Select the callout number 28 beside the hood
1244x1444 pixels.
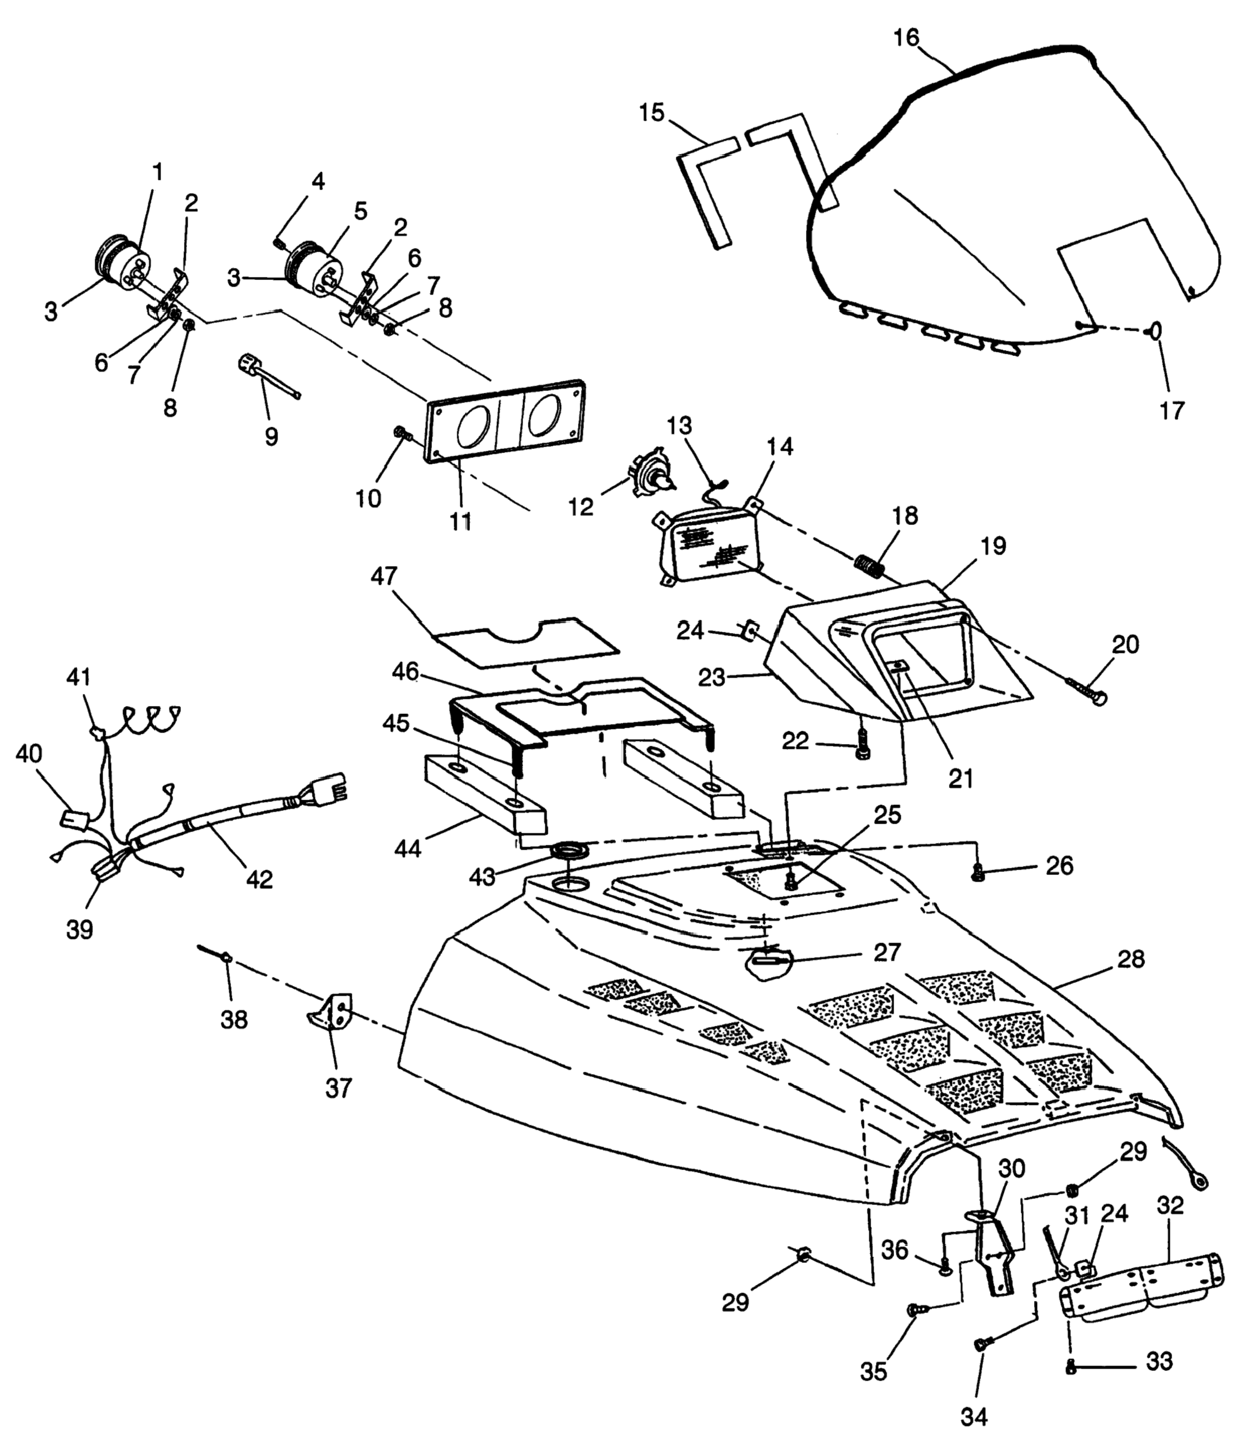(x=1131, y=959)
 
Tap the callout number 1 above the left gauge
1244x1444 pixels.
(x=157, y=171)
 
